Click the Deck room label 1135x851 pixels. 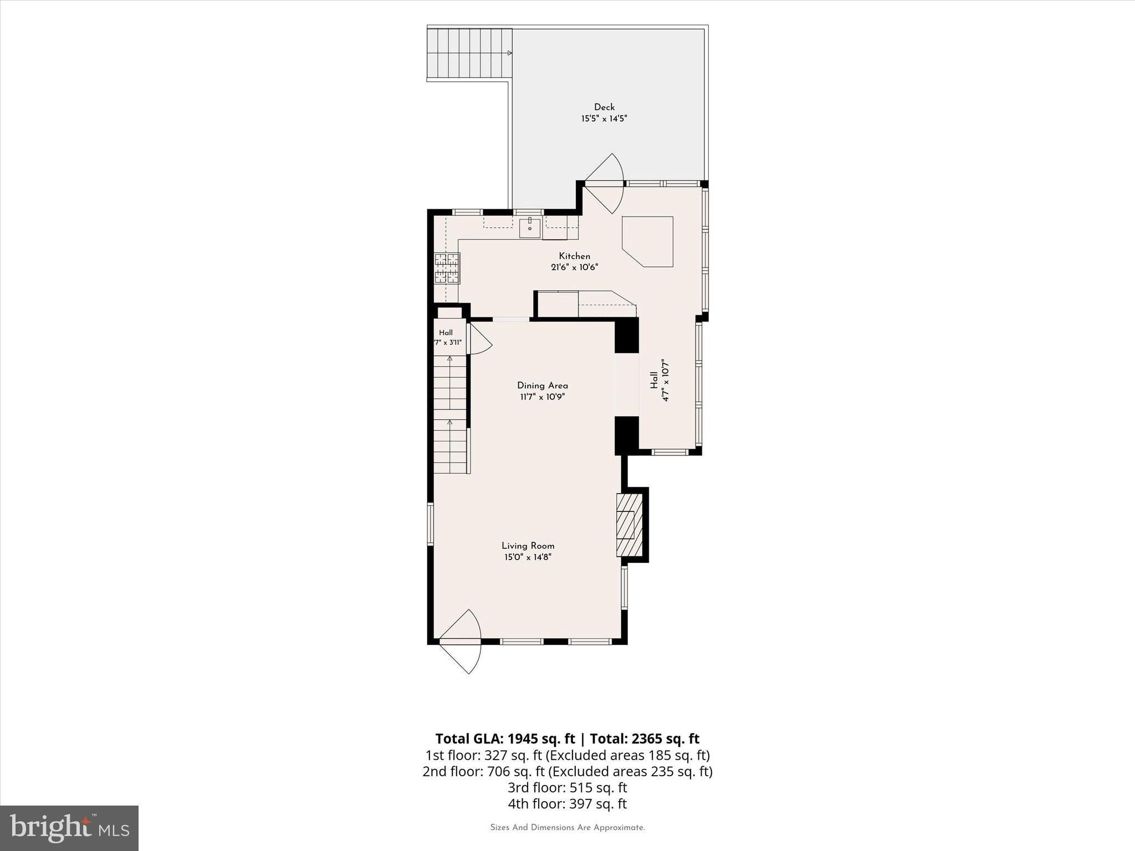(x=604, y=107)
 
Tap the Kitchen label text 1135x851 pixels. (x=575, y=256)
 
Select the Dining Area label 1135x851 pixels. (x=543, y=386)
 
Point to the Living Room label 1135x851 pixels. (x=528, y=546)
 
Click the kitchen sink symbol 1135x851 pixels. (x=530, y=228)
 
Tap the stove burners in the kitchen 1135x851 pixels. (x=447, y=268)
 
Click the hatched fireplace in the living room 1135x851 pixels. (x=630, y=525)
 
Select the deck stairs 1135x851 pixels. (x=469, y=53)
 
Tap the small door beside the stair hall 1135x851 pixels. (x=480, y=339)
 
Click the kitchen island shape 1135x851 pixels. (x=647, y=242)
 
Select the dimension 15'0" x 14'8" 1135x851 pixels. (x=528, y=557)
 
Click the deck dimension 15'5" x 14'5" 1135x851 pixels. (x=604, y=119)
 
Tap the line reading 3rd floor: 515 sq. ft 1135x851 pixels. (x=567, y=787)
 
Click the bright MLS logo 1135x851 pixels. (x=69, y=828)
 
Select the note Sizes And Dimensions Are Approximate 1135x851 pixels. (x=567, y=828)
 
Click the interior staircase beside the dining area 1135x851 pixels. (x=451, y=414)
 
